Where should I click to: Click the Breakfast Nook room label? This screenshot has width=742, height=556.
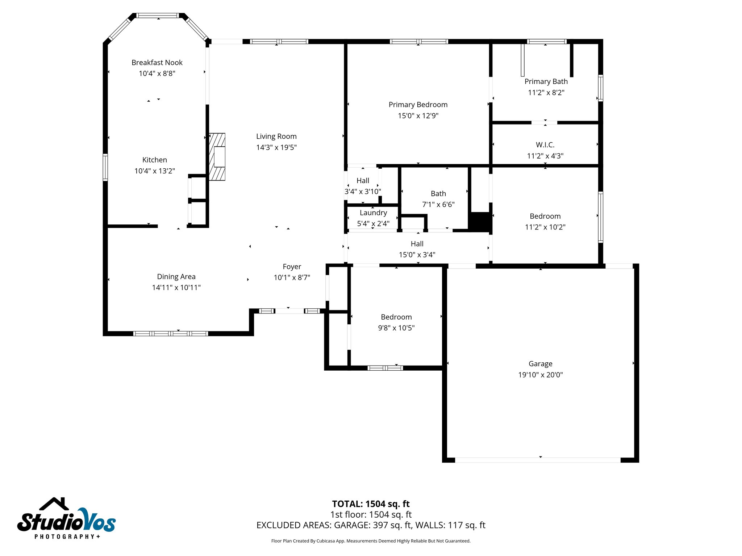click(157, 63)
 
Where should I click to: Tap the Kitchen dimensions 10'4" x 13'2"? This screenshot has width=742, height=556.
click(155, 171)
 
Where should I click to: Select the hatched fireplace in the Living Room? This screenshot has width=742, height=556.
click(217, 157)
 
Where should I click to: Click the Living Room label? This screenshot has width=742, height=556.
click(276, 136)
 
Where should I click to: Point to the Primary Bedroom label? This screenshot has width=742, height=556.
click(418, 105)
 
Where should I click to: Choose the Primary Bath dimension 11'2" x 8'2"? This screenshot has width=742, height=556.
click(546, 93)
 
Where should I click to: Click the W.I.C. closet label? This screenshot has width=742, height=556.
click(545, 145)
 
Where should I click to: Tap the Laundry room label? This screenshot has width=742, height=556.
click(373, 213)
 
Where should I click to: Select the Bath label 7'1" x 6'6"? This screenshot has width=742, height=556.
click(438, 194)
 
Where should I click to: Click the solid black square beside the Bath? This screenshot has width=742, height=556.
click(480, 222)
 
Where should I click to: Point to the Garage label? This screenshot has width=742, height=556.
click(540, 364)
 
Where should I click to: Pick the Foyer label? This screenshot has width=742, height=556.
click(292, 267)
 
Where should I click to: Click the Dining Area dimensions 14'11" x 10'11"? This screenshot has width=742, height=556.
click(176, 287)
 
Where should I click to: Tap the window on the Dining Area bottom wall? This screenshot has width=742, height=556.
click(170, 333)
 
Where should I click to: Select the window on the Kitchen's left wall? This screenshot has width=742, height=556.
click(105, 167)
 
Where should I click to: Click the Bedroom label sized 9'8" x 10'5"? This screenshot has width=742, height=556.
click(396, 317)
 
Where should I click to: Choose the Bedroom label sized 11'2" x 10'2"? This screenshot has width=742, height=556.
click(545, 216)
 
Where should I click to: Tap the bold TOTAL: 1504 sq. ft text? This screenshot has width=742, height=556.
click(371, 504)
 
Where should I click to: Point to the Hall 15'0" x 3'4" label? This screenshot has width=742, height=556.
click(417, 244)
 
